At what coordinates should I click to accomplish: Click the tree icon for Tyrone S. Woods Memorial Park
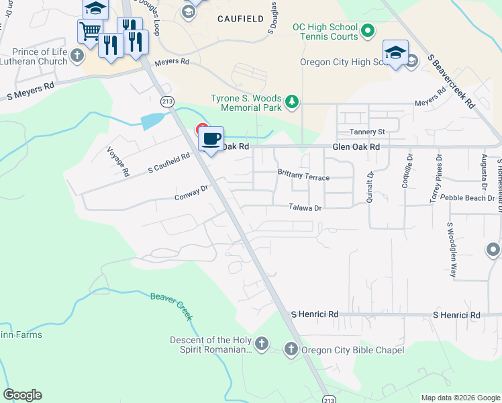click(292, 102)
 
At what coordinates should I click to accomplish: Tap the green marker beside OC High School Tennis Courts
click(368, 31)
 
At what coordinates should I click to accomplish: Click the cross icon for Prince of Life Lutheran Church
click(77, 56)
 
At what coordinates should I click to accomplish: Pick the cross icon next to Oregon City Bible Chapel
click(291, 349)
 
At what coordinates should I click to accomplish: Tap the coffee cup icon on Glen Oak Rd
click(212, 138)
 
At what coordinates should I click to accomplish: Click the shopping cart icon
click(90, 30)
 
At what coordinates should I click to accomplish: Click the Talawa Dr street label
click(305, 208)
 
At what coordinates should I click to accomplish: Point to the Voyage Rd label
click(117, 162)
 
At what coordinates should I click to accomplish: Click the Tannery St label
click(366, 132)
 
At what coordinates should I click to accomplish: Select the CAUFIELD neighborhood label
click(240, 19)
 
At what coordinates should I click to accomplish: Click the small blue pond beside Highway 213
click(152, 121)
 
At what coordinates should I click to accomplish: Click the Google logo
click(22, 395)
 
